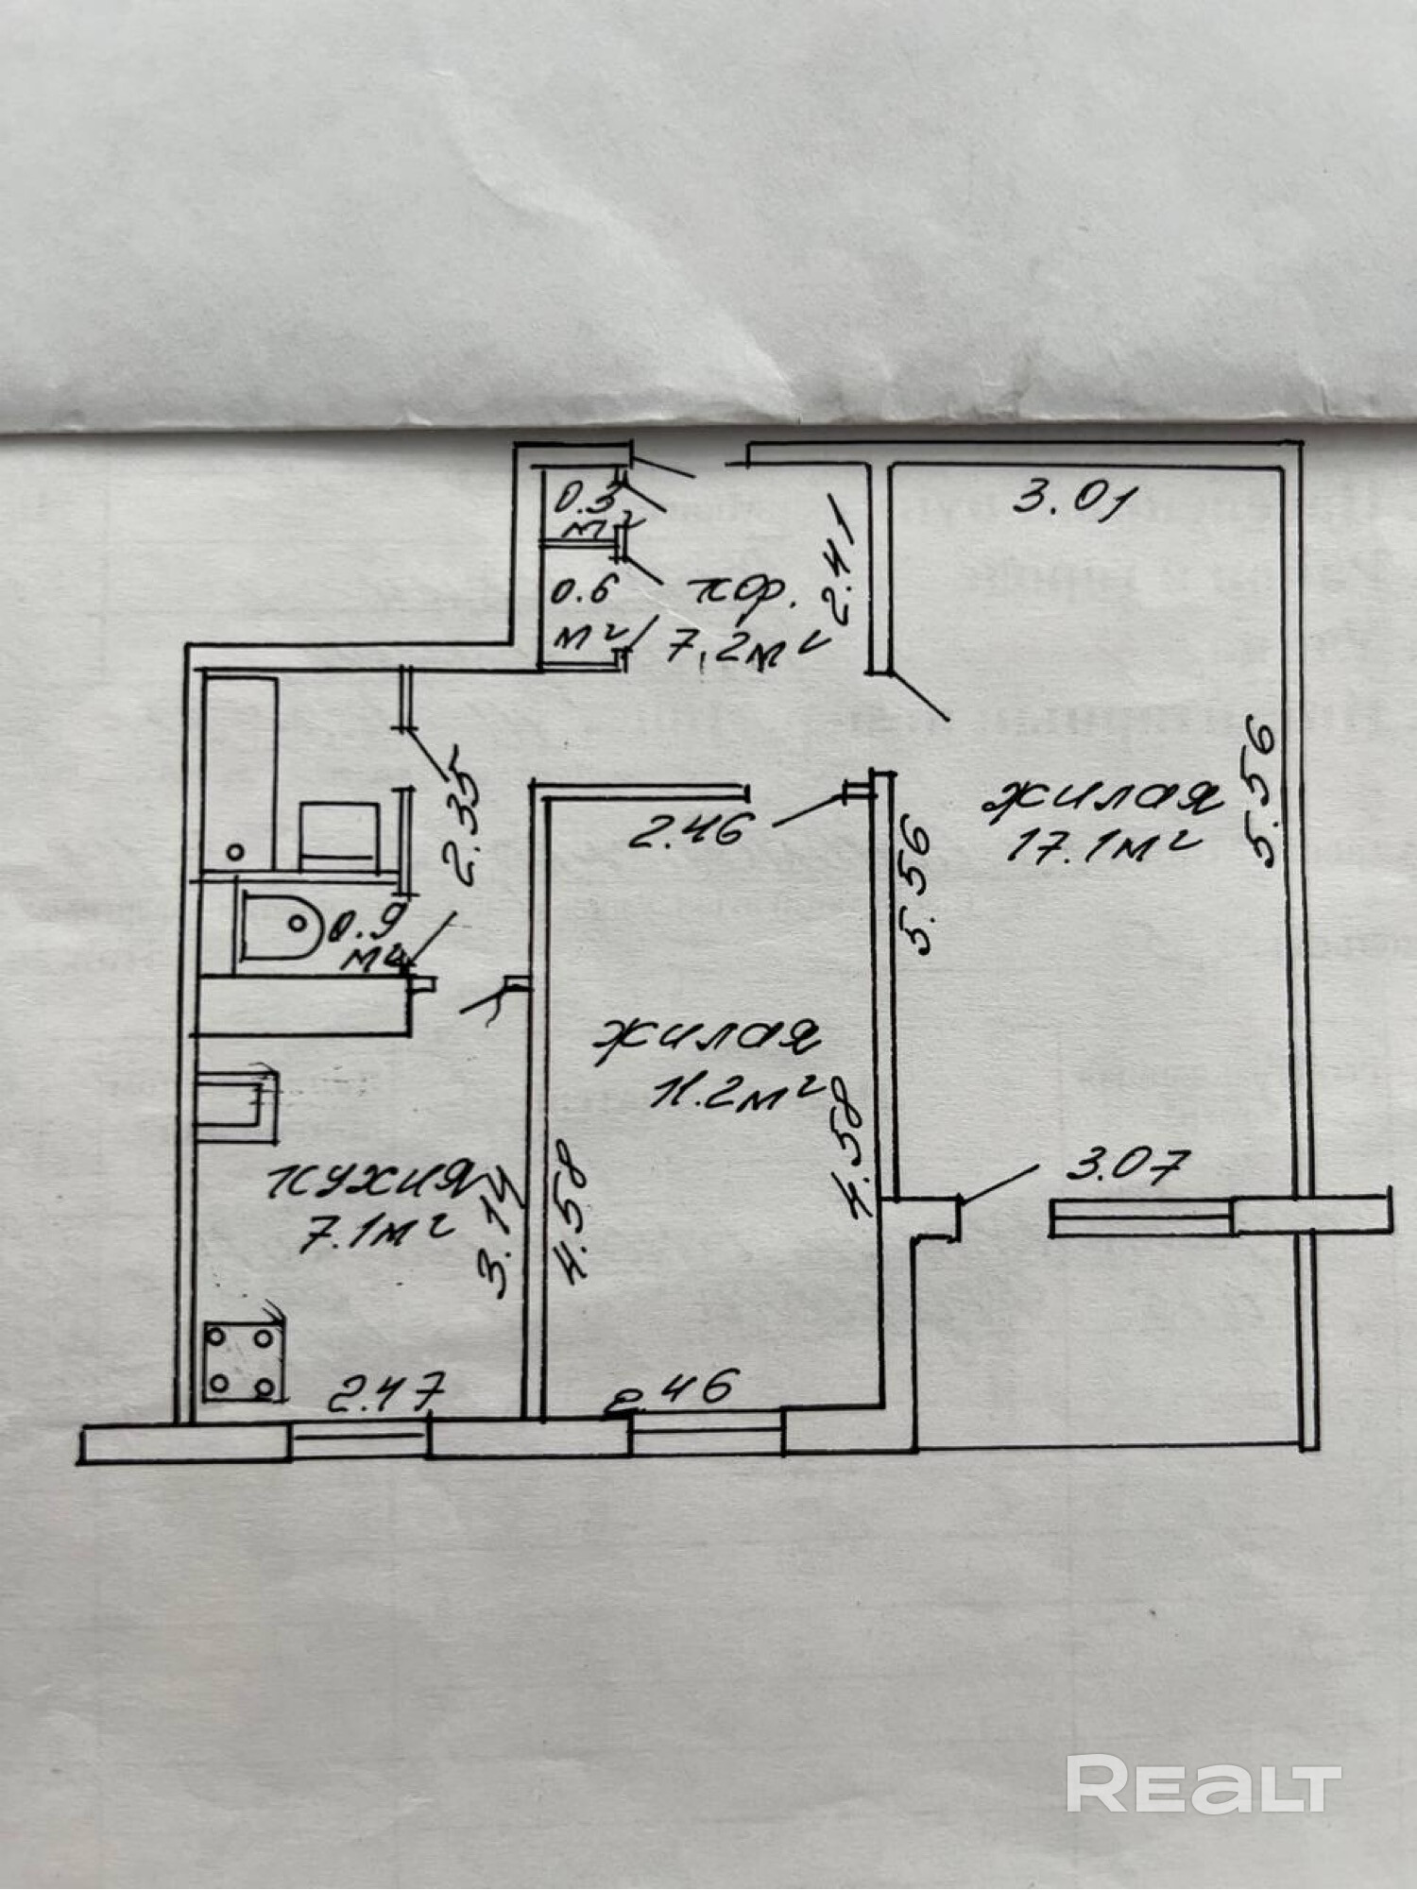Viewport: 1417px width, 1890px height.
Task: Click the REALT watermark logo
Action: pos(1204,1783)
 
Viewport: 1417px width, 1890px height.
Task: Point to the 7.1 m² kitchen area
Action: pos(376,1233)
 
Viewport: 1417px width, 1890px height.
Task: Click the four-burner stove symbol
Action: pos(244,1362)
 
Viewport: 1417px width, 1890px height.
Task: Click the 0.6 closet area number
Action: pos(583,594)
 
